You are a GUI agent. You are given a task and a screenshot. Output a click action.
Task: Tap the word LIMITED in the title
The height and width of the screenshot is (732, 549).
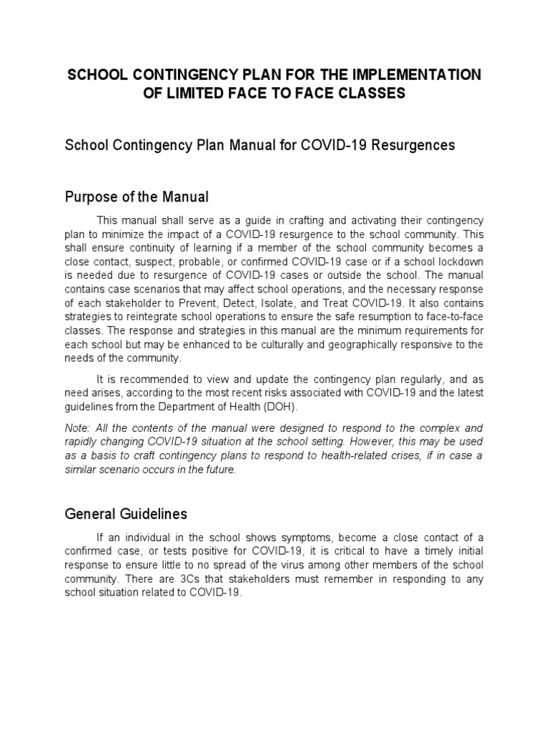(x=192, y=93)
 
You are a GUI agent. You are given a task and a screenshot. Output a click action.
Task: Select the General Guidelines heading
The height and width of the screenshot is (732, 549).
(x=126, y=513)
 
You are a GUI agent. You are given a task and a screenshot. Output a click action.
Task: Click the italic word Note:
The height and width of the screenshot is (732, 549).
(x=79, y=428)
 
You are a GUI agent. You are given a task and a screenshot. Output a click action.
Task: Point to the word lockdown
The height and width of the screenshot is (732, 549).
(x=461, y=262)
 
